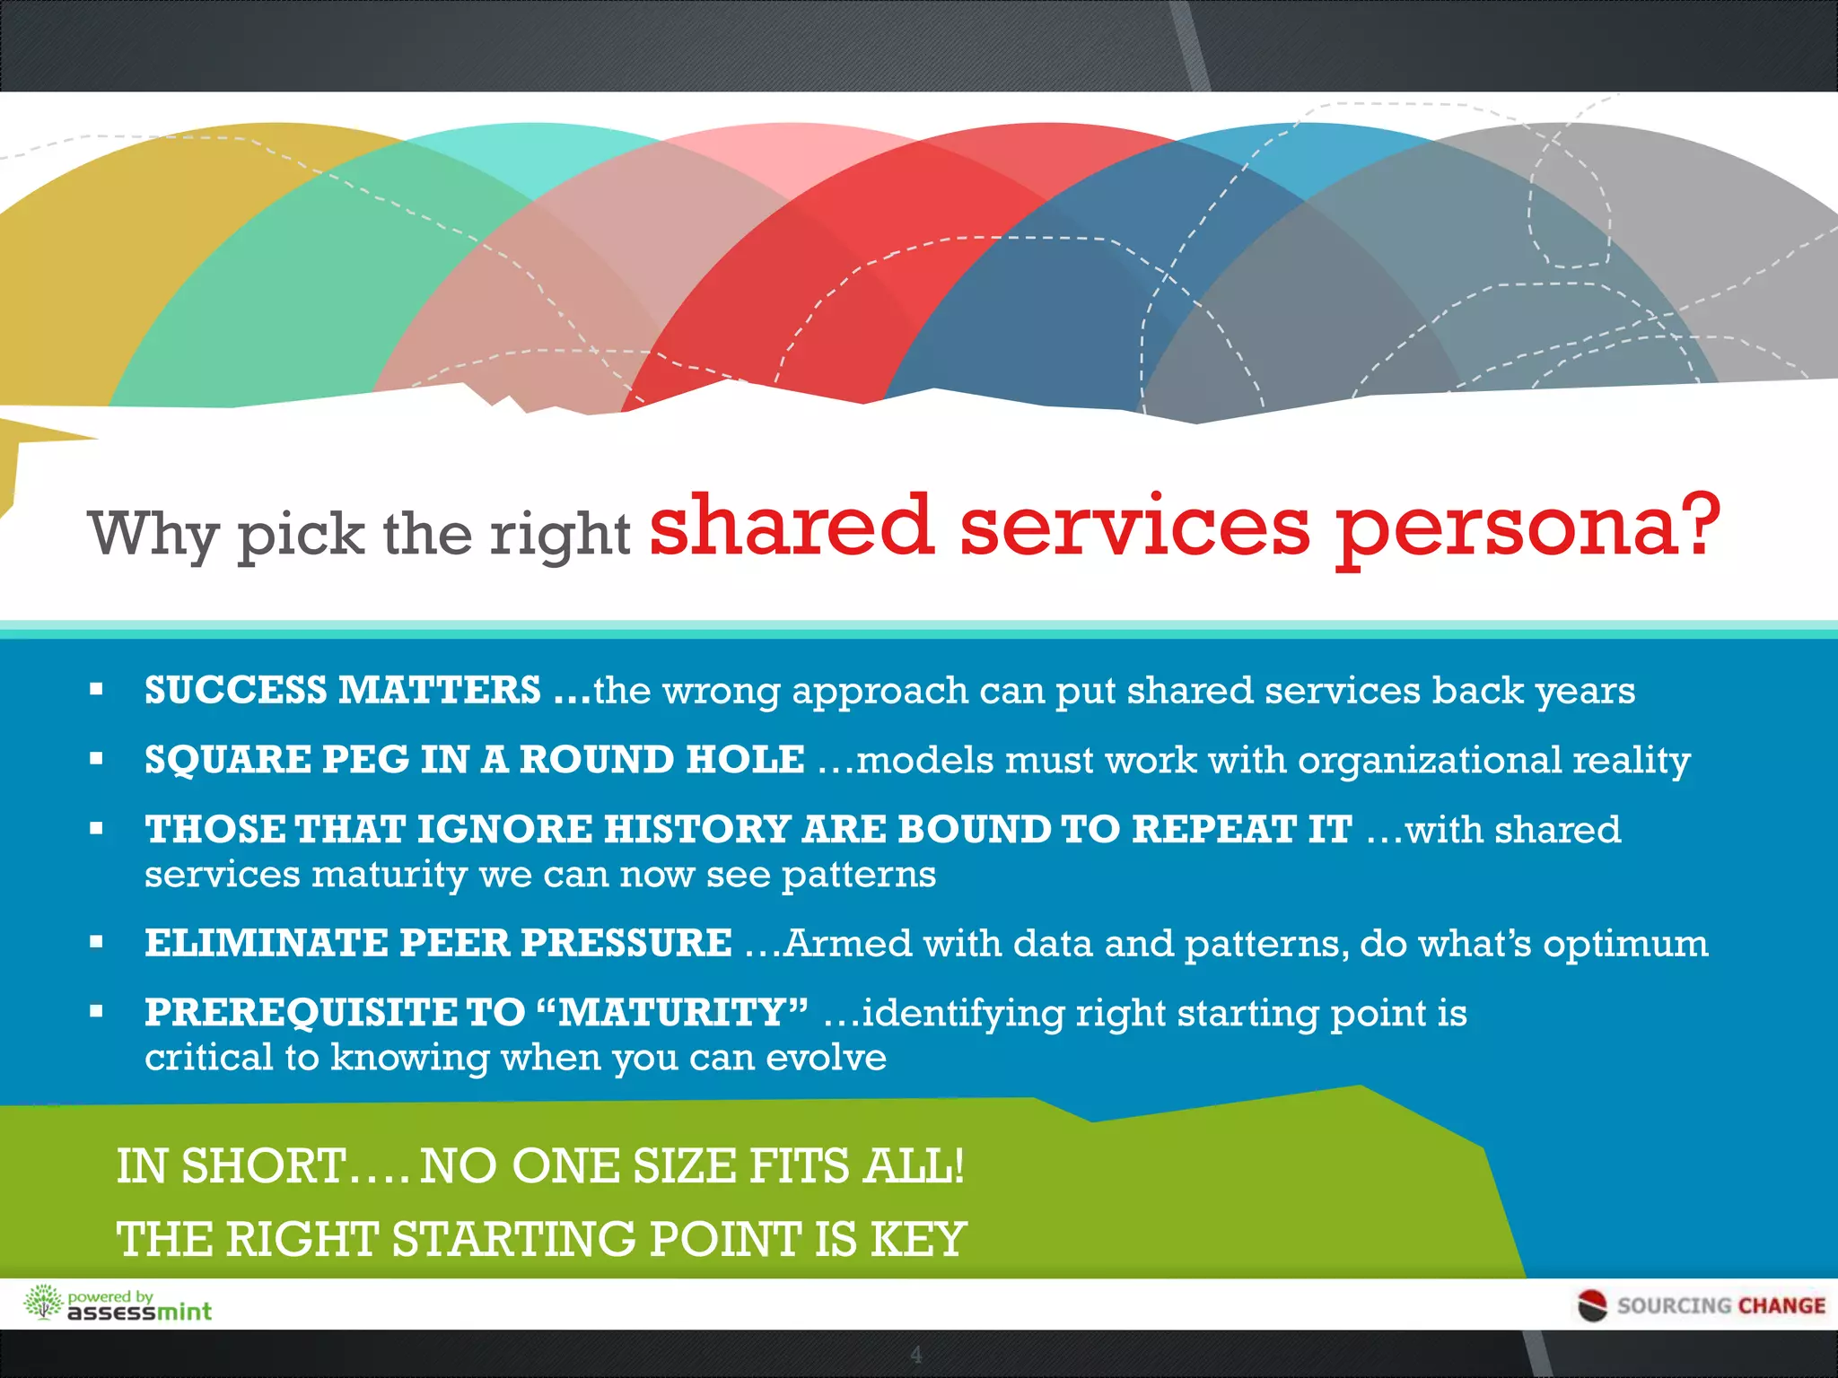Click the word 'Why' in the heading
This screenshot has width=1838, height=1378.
(x=153, y=535)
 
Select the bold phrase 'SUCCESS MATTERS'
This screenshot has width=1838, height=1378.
(x=343, y=690)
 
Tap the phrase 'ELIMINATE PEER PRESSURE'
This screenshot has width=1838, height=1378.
(x=438, y=943)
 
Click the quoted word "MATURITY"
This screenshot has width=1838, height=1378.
(x=673, y=1013)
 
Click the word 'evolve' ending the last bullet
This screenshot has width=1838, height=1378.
(x=826, y=1058)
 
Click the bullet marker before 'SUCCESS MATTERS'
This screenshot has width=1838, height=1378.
(x=97, y=690)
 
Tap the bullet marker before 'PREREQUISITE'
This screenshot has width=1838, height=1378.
(x=97, y=1012)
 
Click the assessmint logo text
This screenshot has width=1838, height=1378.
(x=140, y=1312)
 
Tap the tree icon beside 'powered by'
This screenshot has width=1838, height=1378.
(x=42, y=1303)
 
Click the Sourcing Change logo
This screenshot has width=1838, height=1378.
(x=1702, y=1305)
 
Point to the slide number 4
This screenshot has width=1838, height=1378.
(x=916, y=1355)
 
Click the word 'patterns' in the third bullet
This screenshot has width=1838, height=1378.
(x=858, y=875)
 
